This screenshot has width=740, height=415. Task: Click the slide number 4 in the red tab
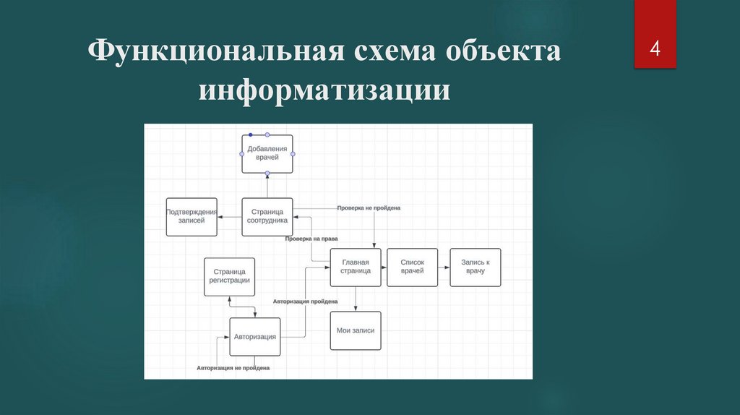point(655,49)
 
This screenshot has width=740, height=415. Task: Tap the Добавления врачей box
point(267,153)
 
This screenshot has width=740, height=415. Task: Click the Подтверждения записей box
point(192,217)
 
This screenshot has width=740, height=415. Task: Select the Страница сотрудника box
point(267,216)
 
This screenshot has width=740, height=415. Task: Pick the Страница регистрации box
point(230,276)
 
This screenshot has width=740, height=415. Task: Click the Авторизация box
point(255,336)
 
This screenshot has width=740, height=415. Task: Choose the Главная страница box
point(356,267)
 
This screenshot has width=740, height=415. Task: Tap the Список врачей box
point(412,267)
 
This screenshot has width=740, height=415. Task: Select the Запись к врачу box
point(475,267)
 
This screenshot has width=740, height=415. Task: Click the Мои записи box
point(356,330)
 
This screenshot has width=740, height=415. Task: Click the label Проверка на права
point(311,239)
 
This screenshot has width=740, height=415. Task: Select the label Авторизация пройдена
point(305,301)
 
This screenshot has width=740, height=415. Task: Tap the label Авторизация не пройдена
point(233,368)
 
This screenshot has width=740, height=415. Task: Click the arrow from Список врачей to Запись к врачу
point(444,267)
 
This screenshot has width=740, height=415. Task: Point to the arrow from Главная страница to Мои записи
point(356,299)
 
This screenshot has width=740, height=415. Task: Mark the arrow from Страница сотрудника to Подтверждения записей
point(229,217)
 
